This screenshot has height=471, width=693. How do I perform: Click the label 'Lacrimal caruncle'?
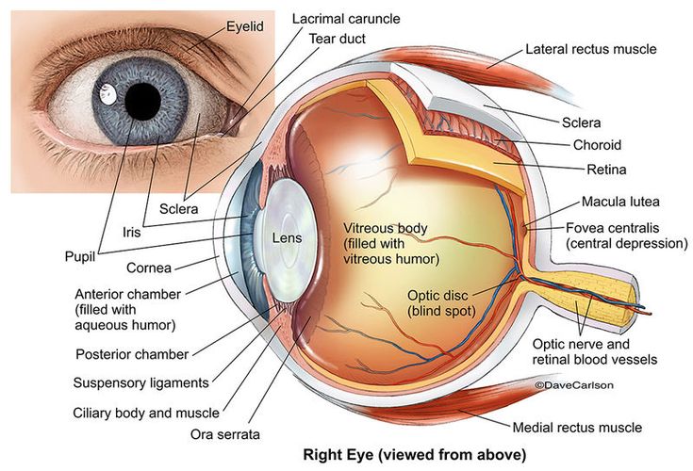pos(346,18)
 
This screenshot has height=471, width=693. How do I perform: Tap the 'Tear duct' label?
pos(337,39)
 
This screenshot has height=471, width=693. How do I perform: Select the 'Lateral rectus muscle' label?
pos(590,49)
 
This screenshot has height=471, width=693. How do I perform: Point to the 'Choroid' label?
pos(596,145)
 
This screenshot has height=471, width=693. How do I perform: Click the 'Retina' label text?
pos(593,170)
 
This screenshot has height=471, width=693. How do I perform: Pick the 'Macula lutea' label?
pos(619,202)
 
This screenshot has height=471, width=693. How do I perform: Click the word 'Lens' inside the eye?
pos(287,238)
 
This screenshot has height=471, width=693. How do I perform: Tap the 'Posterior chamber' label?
pos(131,355)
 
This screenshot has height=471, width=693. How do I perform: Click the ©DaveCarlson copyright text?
pos(572,384)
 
